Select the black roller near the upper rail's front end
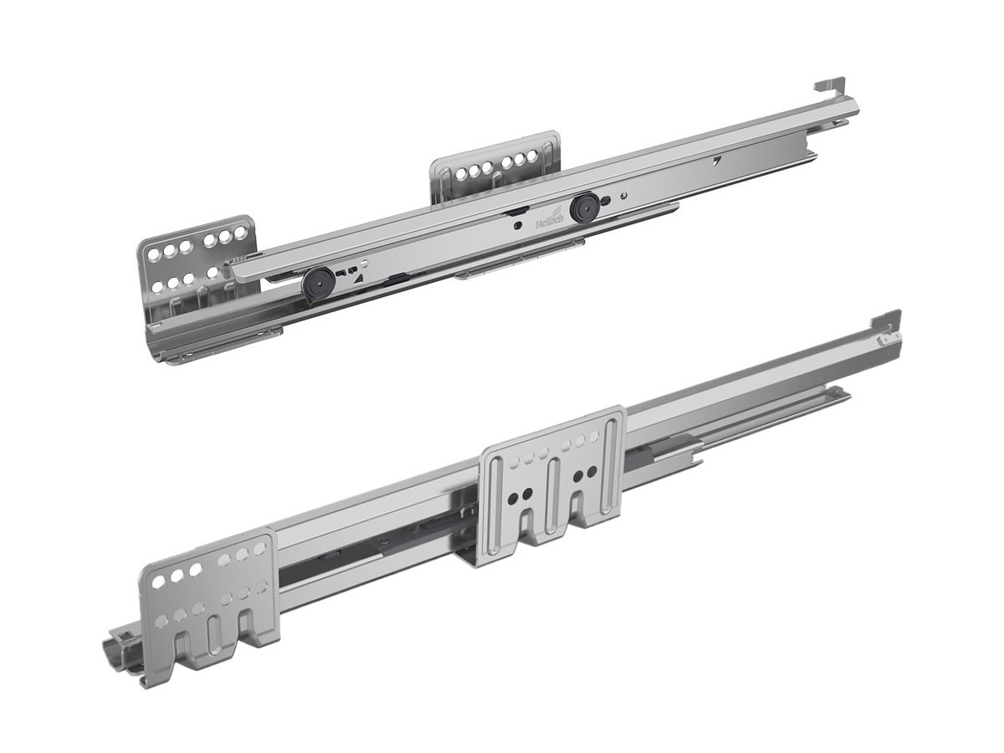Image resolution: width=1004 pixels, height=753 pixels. pyautogui.click(x=317, y=282)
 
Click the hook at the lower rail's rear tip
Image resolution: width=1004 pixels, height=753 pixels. pyautogui.click(x=888, y=320)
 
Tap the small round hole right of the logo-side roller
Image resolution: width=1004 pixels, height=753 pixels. pyautogui.click(x=623, y=197)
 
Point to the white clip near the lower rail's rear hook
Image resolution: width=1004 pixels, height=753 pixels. pyautogui.click(x=883, y=341)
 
